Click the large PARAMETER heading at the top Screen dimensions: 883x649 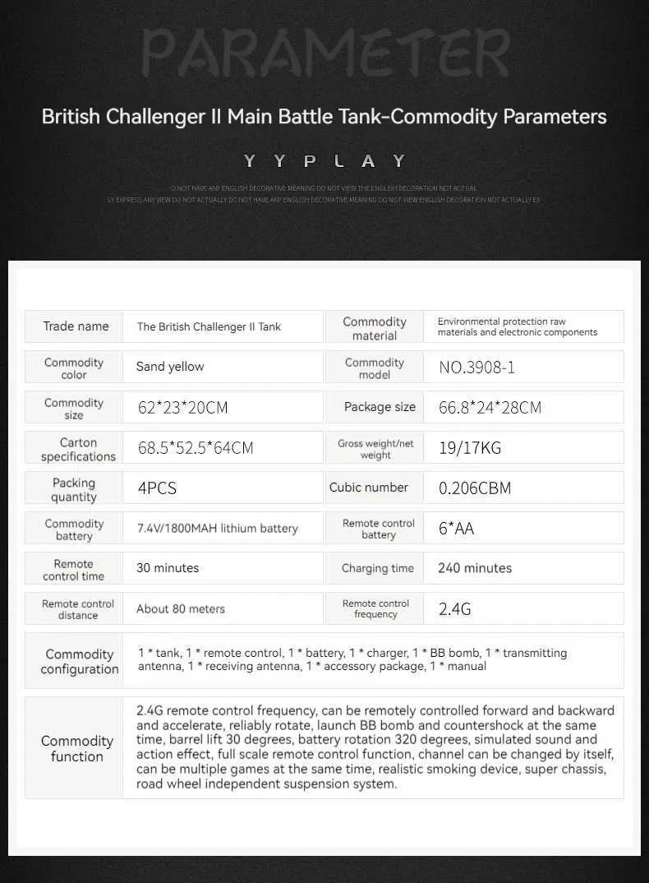pyautogui.click(x=324, y=53)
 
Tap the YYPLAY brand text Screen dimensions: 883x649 pyautogui.click(x=324, y=161)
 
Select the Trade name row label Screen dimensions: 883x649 pyautogui.click(x=76, y=326)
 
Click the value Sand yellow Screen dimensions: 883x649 pyautogui.click(x=170, y=367)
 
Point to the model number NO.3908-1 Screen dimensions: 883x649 pyautogui.click(x=476, y=368)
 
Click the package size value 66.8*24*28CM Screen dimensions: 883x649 pyautogui.click(x=490, y=407)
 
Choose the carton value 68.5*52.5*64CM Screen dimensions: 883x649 pyautogui.click(x=196, y=448)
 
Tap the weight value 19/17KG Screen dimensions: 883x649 pyautogui.click(x=469, y=448)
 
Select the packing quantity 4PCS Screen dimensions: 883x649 pyautogui.click(x=157, y=488)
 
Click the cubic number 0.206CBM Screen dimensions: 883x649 pyautogui.click(x=474, y=488)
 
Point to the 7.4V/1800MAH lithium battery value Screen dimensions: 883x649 pyautogui.click(x=217, y=529)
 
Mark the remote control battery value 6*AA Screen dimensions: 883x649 pyautogui.click(x=456, y=529)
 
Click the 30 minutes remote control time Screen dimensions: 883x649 pyautogui.click(x=168, y=568)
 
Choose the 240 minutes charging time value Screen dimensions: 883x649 pyautogui.click(x=475, y=568)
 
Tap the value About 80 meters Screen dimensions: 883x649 pyautogui.click(x=180, y=609)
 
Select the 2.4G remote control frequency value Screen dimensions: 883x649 pyautogui.click(x=454, y=609)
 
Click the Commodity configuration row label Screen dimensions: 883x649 pyautogui.click(x=80, y=661)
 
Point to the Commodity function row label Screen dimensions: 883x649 pyautogui.click(x=77, y=748)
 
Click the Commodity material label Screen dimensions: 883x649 pyautogui.click(x=375, y=328)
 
